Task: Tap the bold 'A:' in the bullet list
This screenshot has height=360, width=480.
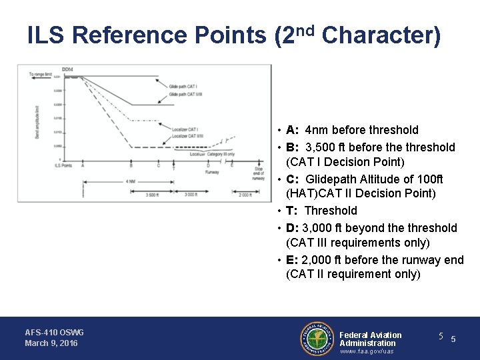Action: (292, 130)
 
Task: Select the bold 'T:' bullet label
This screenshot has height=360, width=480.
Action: (292, 211)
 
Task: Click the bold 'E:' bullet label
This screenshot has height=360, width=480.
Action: (292, 260)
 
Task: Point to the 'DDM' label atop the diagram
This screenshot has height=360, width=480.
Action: (67, 69)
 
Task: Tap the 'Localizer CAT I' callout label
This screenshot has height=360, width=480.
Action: (185, 129)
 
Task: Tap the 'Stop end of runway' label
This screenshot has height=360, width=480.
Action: (259, 174)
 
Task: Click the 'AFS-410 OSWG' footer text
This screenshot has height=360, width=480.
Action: (54, 332)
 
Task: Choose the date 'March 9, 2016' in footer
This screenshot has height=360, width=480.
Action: (51, 343)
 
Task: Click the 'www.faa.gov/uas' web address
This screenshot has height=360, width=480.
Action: (367, 351)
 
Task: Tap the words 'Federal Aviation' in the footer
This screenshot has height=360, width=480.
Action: (371, 335)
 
